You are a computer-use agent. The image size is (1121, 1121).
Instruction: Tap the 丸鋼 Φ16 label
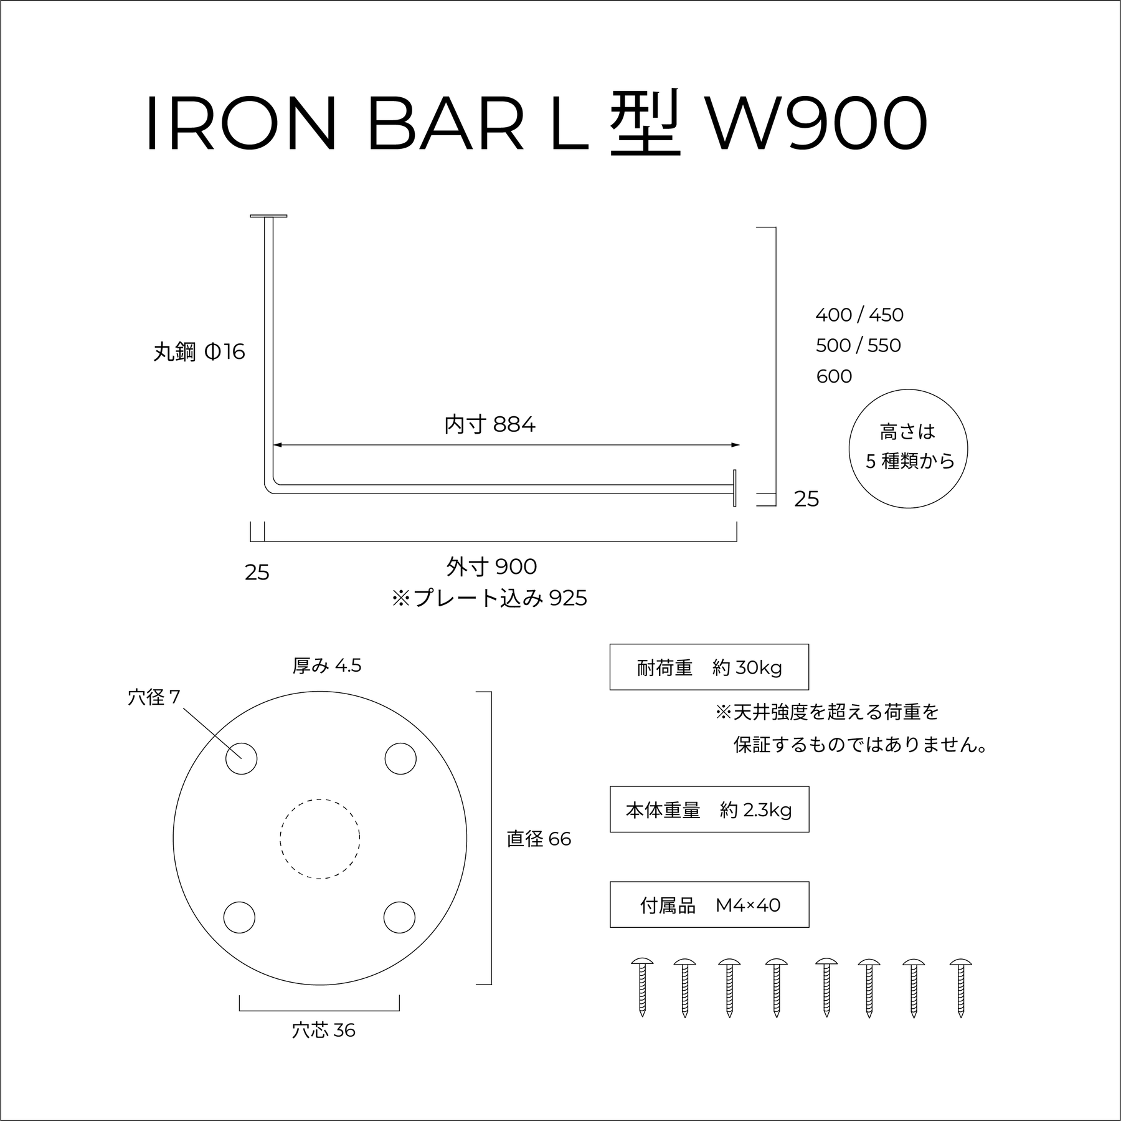click(x=199, y=353)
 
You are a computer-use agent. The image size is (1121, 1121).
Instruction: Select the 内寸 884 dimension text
click(x=490, y=425)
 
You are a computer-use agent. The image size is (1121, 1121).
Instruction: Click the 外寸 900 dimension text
click(x=491, y=567)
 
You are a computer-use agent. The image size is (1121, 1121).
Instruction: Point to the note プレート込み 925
click(x=490, y=599)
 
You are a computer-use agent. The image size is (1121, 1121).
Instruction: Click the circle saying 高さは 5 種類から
click(x=908, y=449)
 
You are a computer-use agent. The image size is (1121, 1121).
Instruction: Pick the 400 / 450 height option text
click(x=859, y=315)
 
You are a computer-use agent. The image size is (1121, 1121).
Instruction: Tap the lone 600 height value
click(x=834, y=376)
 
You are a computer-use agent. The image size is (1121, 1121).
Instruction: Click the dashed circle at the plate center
click(x=319, y=839)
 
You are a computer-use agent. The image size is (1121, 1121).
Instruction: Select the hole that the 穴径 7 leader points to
click(x=241, y=759)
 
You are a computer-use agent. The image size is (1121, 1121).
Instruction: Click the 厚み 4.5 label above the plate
click(x=327, y=666)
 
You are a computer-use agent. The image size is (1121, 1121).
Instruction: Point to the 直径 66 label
click(x=539, y=839)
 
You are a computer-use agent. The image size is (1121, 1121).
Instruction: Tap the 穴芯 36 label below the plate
click(x=323, y=1031)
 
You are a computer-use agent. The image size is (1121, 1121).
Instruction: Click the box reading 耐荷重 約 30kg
click(x=709, y=667)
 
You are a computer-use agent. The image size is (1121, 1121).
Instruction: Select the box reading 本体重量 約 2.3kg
click(x=709, y=809)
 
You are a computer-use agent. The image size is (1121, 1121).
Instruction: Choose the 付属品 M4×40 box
click(x=709, y=905)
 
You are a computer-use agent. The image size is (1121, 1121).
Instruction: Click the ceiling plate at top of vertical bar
click(x=268, y=216)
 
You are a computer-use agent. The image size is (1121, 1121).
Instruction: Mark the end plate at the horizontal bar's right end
click(x=735, y=488)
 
